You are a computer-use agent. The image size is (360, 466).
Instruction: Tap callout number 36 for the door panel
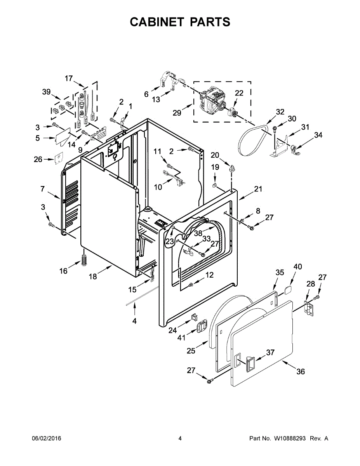click(x=300, y=372)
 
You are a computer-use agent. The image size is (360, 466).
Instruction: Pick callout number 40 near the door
click(x=297, y=267)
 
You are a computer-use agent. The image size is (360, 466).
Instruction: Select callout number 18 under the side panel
click(x=92, y=276)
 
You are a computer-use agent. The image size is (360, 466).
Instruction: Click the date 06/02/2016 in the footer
click(x=46, y=438)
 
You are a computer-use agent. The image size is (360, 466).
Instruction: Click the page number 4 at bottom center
click(x=180, y=438)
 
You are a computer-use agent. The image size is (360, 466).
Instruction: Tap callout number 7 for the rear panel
click(x=42, y=189)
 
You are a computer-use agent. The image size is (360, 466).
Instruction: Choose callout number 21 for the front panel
click(x=258, y=189)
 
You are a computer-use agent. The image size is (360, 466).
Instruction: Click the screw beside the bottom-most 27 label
click(x=211, y=381)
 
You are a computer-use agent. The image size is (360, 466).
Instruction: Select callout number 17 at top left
click(x=69, y=78)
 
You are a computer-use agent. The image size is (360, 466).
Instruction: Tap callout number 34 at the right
click(x=318, y=135)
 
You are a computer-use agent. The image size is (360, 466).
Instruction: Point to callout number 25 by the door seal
click(x=191, y=351)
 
